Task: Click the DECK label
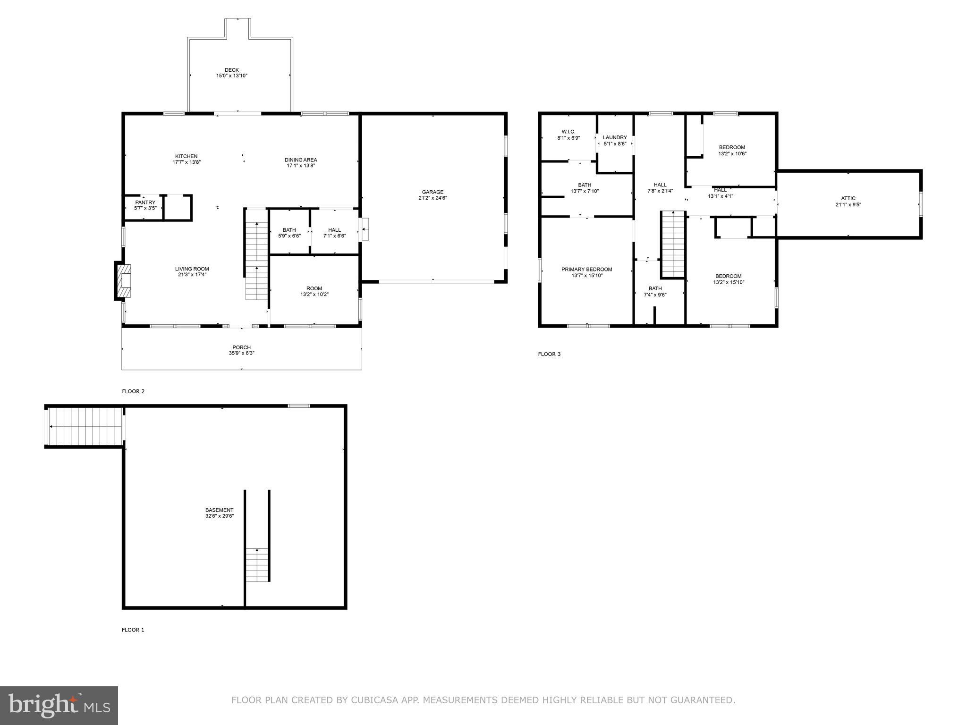(231, 70)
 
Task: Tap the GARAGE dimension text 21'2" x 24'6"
(433, 198)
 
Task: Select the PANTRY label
(145, 202)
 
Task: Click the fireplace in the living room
(124, 281)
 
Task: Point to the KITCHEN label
(186, 156)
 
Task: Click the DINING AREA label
(301, 160)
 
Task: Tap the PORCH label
(241, 347)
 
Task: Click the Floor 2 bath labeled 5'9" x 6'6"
(289, 233)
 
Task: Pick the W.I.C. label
(568, 132)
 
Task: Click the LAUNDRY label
(615, 137)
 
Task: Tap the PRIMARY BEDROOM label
(586, 270)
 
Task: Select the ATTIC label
(848, 198)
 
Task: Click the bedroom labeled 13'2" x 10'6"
(732, 150)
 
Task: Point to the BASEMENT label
(219, 510)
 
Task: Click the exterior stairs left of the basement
(85, 426)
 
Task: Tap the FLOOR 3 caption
(549, 354)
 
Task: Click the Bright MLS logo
(59, 706)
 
